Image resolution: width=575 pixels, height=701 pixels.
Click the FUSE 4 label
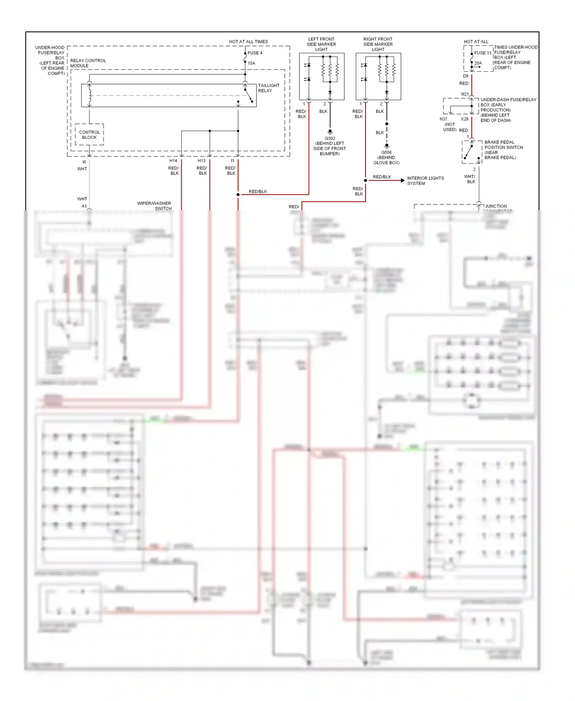[255, 53]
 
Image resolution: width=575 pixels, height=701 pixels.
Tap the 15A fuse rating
[251, 63]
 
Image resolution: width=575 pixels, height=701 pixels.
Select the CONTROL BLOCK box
[89, 135]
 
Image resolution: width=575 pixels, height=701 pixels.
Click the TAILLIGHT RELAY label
[268, 88]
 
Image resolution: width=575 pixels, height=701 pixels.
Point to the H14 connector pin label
[173, 161]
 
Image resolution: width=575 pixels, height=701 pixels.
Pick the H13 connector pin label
[202, 161]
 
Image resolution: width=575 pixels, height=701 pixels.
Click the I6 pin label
[84, 162]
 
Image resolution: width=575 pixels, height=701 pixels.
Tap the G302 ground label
[330, 138]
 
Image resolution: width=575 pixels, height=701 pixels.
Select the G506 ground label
[386, 152]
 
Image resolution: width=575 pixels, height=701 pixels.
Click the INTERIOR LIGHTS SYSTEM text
[425, 181]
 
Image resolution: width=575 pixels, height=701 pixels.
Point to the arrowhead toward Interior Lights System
[402, 180]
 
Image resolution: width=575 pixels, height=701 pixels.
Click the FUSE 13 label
[483, 53]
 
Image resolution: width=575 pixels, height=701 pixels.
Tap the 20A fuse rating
[478, 63]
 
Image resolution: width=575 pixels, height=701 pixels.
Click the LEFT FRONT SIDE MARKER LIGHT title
[321, 44]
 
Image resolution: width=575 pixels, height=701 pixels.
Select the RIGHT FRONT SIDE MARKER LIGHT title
[378, 44]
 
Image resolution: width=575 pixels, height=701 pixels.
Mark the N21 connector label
[465, 94]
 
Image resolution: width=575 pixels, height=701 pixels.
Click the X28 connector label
[465, 119]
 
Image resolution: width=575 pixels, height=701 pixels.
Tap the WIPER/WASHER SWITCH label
[154, 206]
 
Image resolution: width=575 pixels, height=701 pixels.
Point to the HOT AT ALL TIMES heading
[248, 41]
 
